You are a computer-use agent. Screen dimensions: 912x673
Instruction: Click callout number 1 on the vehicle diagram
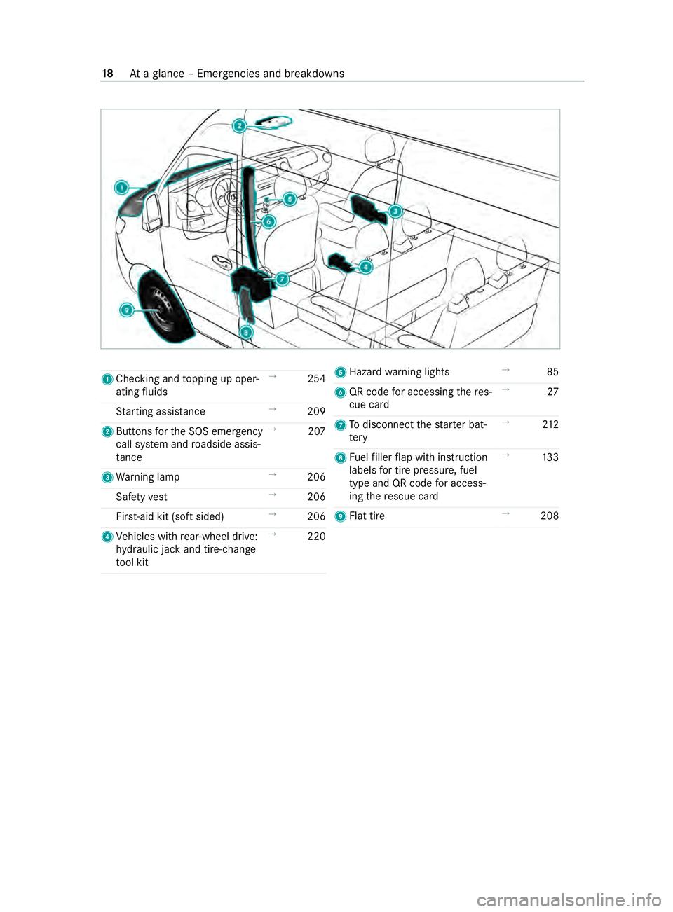[122, 187]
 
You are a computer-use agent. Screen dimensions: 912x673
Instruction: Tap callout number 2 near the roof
[240, 126]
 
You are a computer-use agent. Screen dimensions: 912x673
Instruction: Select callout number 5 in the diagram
[289, 199]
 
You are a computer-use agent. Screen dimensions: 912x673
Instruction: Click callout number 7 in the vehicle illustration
[282, 279]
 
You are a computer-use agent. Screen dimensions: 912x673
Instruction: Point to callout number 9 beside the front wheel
[126, 310]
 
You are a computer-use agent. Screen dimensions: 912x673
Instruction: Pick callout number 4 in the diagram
[366, 267]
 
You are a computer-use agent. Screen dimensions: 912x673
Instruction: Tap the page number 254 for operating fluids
[316, 379]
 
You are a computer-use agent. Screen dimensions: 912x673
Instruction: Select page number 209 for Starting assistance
[316, 412]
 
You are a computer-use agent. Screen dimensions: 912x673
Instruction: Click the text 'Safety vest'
[142, 497]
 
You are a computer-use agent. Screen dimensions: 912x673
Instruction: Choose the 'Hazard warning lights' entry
[399, 372]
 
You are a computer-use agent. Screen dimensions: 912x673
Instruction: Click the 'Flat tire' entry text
[367, 516]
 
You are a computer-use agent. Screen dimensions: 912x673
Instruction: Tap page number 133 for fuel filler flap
[550, 457]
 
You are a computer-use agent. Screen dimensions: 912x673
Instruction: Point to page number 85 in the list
[552, 372]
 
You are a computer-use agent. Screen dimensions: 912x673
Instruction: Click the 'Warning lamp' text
[148, 477]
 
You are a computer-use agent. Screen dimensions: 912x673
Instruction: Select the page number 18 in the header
[107, 74]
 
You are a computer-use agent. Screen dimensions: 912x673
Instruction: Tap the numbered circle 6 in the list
[341, 392]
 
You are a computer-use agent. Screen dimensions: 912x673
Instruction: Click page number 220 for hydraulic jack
[316, 537]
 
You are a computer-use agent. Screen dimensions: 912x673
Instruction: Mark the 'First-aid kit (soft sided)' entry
[170, 517]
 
